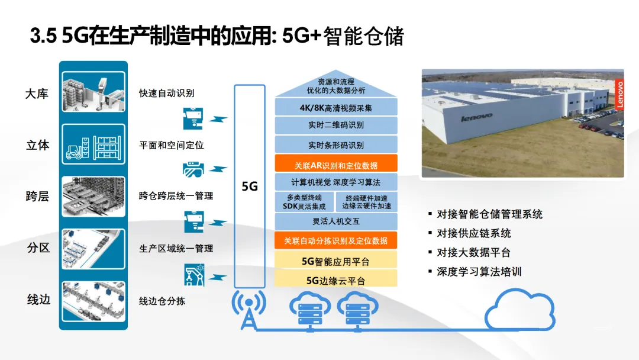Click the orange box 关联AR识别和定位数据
click(x=335, y=163)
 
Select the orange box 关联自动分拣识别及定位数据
click(x=335, y=240)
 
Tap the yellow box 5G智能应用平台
click(x=335, y=260)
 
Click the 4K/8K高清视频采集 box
click(x=335, y=107)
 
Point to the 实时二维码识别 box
click(x=335, y=126)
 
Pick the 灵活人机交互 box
click(x=335, y=221)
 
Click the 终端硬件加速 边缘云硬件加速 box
click(x=367, y=202)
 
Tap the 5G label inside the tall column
click(x=250, y=186)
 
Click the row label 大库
click(x=37, y=94)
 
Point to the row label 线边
click(x=38, y=300)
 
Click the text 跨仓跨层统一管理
click(x=176, y=196)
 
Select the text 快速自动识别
click(x=166, y=93)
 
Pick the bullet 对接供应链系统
click(x=473, y=233)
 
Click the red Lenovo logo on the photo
click(x=619, y=94)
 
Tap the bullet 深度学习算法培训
click(x=479, y=272)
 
